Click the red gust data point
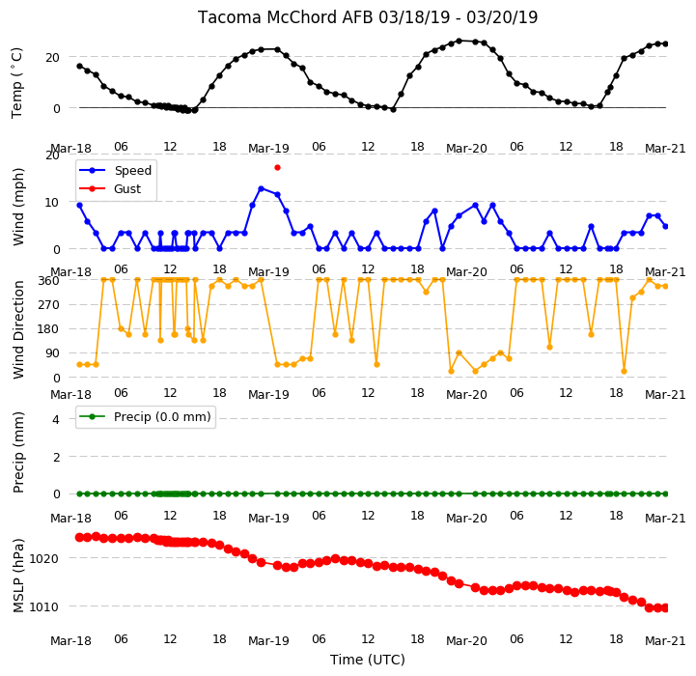(x=277, y=167)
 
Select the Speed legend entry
(x=116, y=170)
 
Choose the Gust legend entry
(x=110, y=188)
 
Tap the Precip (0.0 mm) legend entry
(x=145, y=416)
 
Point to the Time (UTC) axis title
(x=368, y=660)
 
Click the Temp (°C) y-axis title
(x=16, y=83)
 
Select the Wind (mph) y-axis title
(x=18, y=207)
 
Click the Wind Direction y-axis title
(x=18, y=329)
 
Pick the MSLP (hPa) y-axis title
(x=18, y=576)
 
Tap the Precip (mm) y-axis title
(x=18, y=452)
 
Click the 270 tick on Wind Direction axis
(x=48, y=305)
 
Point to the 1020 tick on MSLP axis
(x=43, y=559)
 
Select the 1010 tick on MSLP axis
(x=43, y=606)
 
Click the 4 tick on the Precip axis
(x=55, y=419)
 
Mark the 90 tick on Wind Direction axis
(x=52, y=353)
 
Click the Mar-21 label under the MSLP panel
(x=665, y=640)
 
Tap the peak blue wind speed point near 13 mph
(x=261, y=188)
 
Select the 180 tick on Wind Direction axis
(x=48, y=329)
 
